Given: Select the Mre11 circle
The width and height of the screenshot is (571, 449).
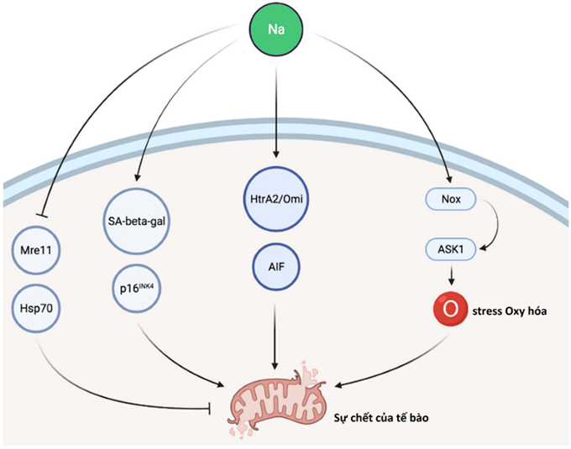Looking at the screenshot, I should click(x=34, y=248).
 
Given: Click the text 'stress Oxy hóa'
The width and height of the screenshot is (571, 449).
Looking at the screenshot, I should click(x=512, y=309).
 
